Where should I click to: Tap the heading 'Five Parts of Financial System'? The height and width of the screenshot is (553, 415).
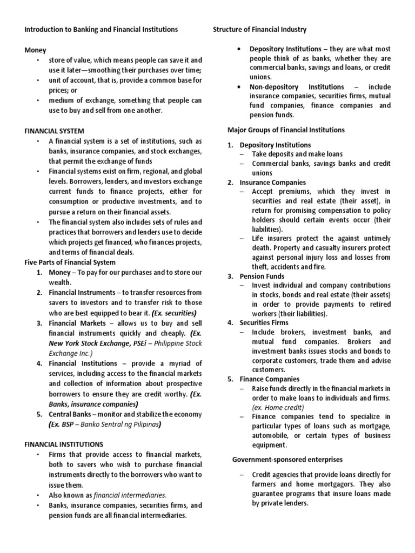(x=70, y=262)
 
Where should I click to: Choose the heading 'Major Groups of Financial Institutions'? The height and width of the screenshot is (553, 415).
(x=286, y=130)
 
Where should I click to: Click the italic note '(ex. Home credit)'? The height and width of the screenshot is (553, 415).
(x=278, y=407)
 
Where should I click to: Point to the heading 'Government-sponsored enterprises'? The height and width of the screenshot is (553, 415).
(x=287, y=459)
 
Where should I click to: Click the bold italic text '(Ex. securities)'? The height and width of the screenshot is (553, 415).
(x=174, y=313)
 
